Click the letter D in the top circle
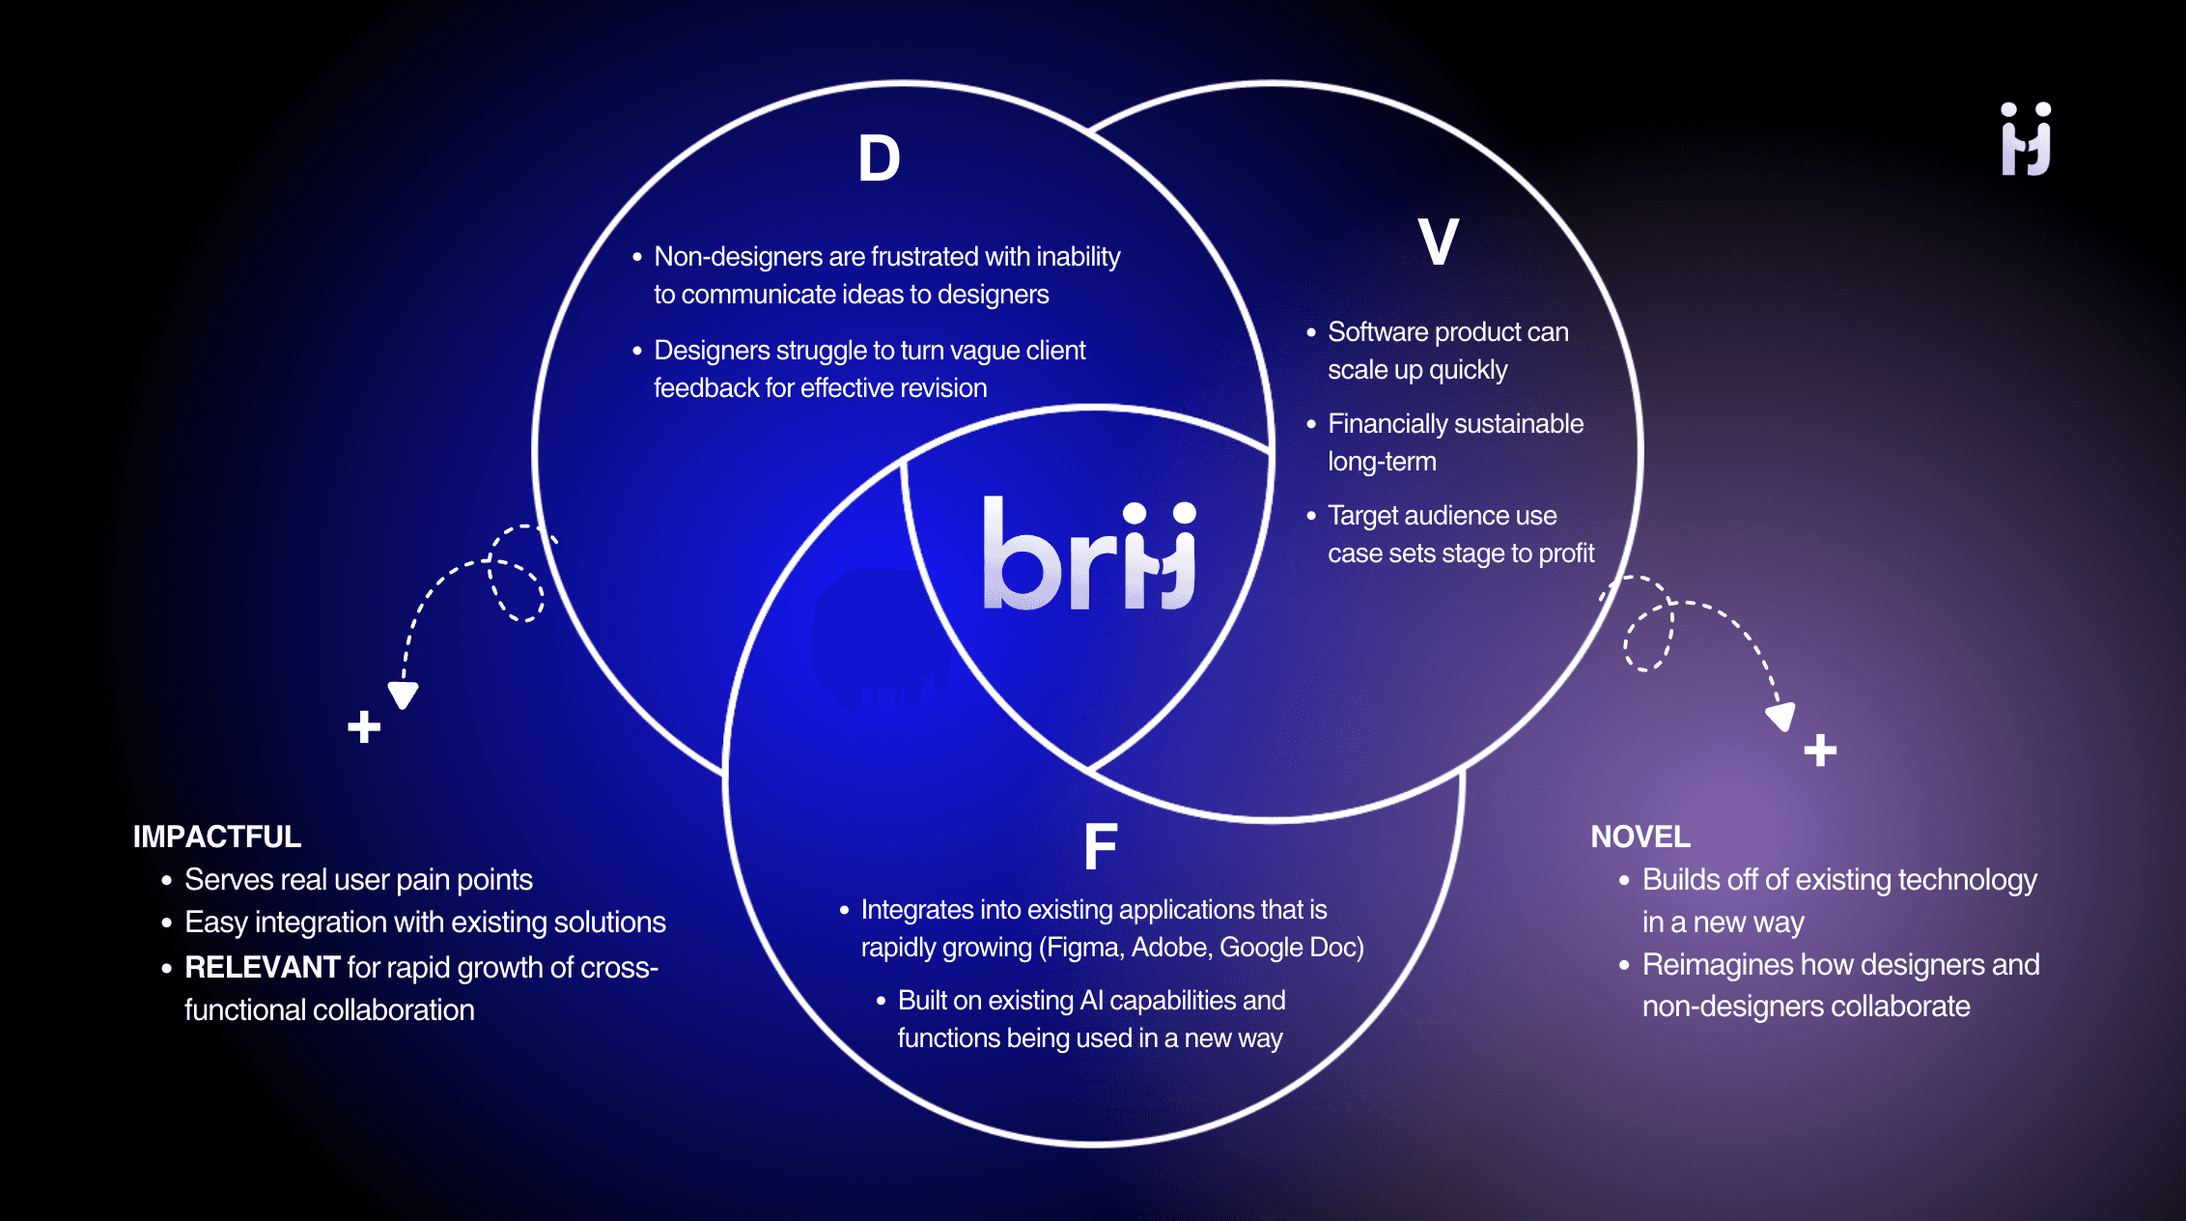[x=879, y=158]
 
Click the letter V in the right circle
[x=1438, y=241]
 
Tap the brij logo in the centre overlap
[x=1089, y=555]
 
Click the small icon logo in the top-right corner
[x=2026, y=139]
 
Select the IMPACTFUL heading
[x=217, y=837]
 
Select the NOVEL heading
[x=1640, y=837]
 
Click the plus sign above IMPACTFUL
[x=364, y=726]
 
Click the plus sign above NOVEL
[x=1820, y=750]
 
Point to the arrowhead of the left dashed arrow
[x=403, y=695]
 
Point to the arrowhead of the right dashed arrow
[x=1781, y=717]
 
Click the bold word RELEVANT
[x=262, y=967]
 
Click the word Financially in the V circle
[x=1387, y=424]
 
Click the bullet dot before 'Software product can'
[x=1311, y=332]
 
